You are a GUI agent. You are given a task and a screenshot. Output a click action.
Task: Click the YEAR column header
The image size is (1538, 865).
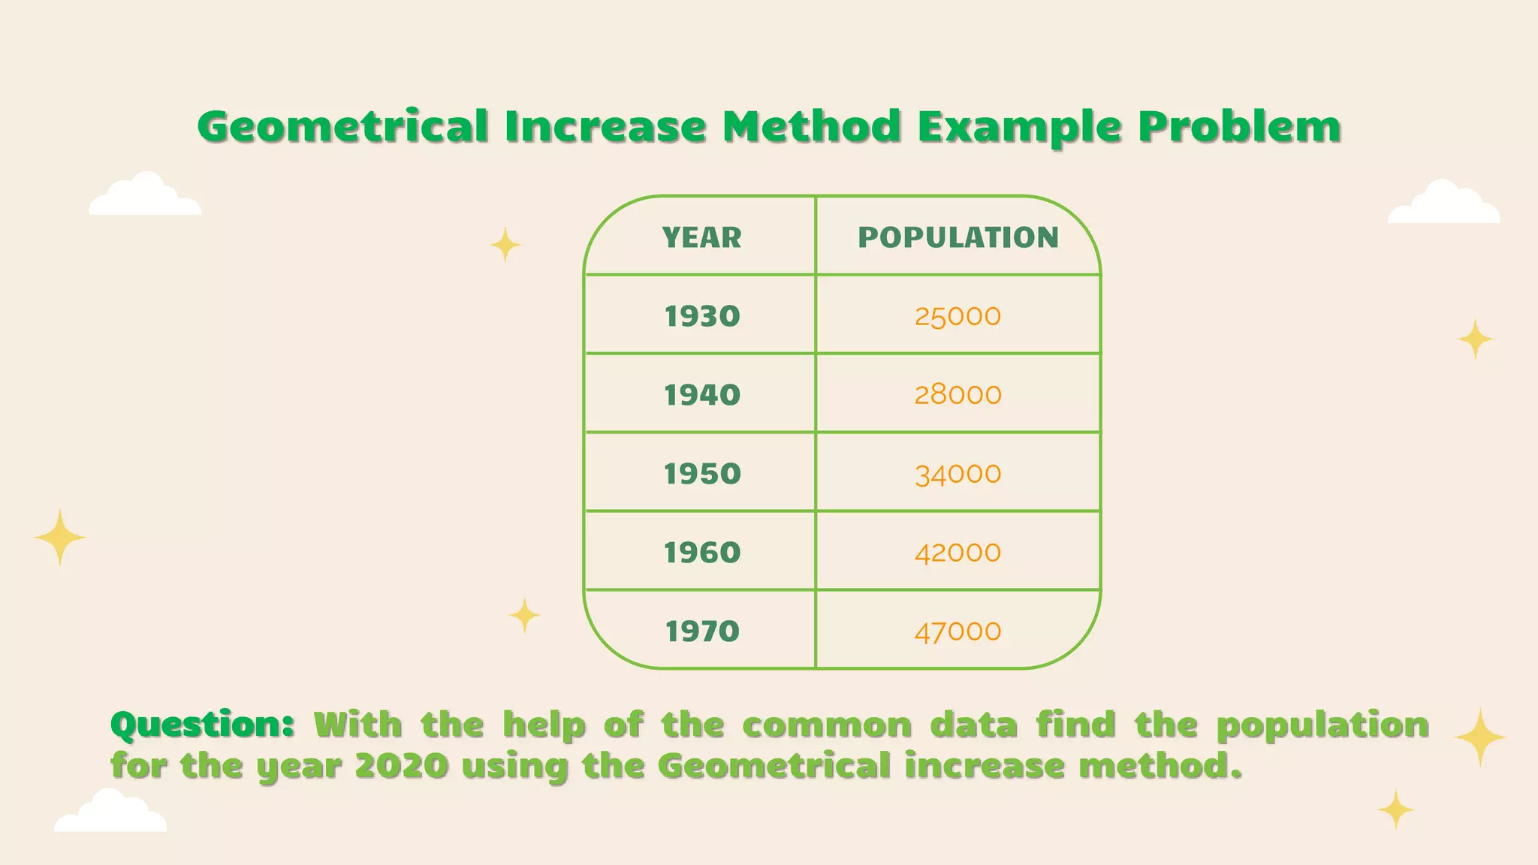point(701,237)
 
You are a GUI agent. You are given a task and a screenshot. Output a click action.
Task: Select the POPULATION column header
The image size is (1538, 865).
point(958,237)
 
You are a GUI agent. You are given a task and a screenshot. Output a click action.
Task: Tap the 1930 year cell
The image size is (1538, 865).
point(702,316)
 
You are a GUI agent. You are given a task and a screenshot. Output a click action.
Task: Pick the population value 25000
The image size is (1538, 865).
point(957,316)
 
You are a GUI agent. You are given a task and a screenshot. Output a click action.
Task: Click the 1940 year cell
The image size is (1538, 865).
point(702,395)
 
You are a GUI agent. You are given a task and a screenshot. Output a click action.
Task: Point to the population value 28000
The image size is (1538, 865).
point(957,395)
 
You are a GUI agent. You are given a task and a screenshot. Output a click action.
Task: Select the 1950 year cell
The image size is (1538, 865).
point(702,474)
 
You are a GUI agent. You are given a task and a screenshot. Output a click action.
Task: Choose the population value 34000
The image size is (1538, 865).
point(957,475)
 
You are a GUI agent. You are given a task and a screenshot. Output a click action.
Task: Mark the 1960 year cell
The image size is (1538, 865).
point(702,553)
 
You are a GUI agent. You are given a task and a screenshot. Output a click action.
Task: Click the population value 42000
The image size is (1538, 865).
point(957,553)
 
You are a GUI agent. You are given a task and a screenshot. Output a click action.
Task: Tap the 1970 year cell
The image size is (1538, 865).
point(702,631)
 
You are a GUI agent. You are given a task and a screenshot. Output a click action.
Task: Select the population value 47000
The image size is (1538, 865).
point(957,632)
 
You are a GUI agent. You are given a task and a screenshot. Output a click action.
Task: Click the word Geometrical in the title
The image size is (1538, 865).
point(342,126)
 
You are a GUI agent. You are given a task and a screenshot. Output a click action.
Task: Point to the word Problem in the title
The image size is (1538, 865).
point(1239,126)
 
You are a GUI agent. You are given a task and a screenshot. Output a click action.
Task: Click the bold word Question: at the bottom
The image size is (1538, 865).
point(202,725)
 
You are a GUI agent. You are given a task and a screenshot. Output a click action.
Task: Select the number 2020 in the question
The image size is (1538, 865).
point(401,767)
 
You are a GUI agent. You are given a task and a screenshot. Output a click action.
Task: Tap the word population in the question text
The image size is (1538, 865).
point(1322,725)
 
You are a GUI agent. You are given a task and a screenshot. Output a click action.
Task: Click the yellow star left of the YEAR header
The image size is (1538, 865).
point(505,245)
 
